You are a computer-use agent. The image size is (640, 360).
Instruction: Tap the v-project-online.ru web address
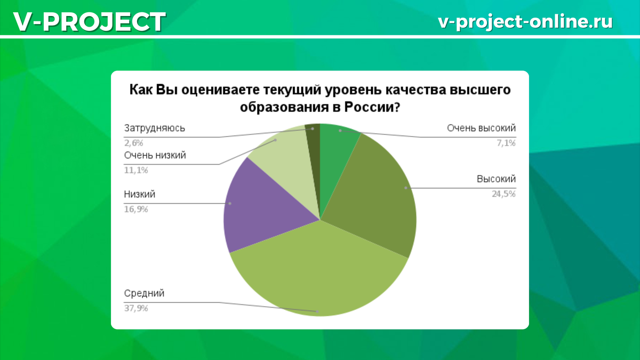coord(525,21)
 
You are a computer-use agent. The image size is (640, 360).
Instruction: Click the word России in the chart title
coord(368,107)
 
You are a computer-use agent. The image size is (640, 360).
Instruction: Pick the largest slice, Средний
coord(315,272)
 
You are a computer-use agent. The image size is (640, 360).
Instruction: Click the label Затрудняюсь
coord(155,129)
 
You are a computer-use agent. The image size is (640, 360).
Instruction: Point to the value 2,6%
coord(134,143)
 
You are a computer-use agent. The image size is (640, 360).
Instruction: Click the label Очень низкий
coord(155,156)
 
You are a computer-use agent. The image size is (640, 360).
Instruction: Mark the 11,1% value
coord(135,171)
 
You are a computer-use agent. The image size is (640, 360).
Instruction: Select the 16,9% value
coord(135,209)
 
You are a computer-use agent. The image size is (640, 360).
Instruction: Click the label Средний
coord(144,293)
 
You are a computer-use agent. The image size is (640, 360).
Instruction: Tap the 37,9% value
coord(135,308)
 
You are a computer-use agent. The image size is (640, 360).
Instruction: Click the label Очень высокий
coord(481,129)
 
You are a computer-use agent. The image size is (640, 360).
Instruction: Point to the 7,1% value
coord(506,143)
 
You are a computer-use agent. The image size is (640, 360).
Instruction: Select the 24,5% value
coord(503,194)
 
